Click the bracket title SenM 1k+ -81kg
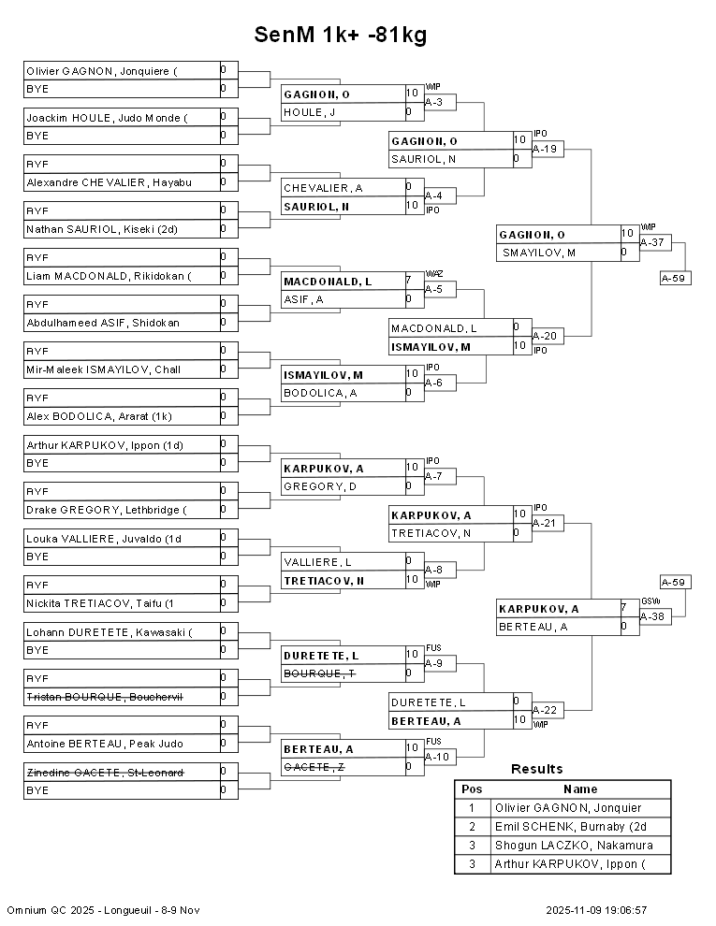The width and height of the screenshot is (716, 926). [x=341, y=35]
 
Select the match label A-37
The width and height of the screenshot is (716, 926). [x=652, y=242]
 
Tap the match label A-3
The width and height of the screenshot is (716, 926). [x=433, y=102]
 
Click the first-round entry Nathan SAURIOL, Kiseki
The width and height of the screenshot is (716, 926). [x=102, y=229]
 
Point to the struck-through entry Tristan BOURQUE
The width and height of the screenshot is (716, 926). [x=105, y=697]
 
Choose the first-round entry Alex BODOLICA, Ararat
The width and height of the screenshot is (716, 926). [x=98, y=416]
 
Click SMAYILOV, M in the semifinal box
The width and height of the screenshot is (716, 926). [x=539, y=253]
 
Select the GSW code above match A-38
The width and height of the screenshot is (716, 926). [x=650, y=601]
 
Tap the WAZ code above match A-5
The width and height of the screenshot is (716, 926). [x=434, y=274]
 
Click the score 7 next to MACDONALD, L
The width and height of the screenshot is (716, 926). [x=409, y=280]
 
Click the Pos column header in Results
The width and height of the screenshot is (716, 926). [x=472, y=789]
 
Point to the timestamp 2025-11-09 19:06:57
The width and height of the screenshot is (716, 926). [x=596, y=910]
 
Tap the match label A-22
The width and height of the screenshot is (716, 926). [x=544, y=710]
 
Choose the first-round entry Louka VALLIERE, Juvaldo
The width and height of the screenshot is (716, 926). [x=103, y=539]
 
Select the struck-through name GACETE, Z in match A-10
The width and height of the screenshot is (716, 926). [x=314, y=767]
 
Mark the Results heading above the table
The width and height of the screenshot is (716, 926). [x=536, y=769]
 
